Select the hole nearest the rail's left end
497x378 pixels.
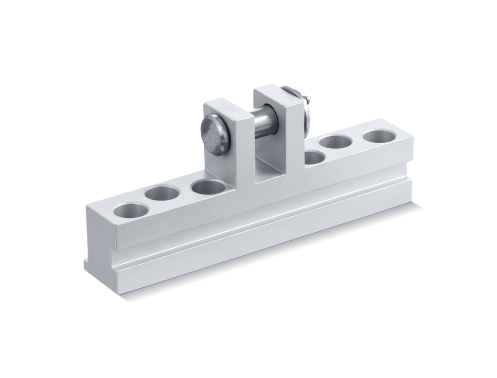(131, 210)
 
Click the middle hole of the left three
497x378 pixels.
(163, 193)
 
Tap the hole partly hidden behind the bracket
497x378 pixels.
(315, 158)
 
